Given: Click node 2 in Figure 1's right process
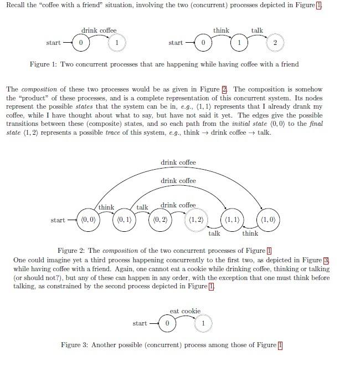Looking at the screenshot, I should click(x=275, y=43).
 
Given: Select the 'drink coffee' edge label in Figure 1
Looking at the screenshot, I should click(x=99, y=31).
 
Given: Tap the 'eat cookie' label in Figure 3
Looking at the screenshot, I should click(x=185, y=311).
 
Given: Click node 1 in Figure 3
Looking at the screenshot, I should click(x=203, y=323).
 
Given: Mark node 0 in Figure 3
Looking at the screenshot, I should click(x=167, y=323).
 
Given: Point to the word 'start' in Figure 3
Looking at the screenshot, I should click(x=140, y=323).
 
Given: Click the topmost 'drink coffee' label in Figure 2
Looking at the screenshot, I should click(x=178, y=162).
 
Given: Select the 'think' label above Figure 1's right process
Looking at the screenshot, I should click(x=221, y=31).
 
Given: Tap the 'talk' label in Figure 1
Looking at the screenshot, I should click(x=257, y=31).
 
